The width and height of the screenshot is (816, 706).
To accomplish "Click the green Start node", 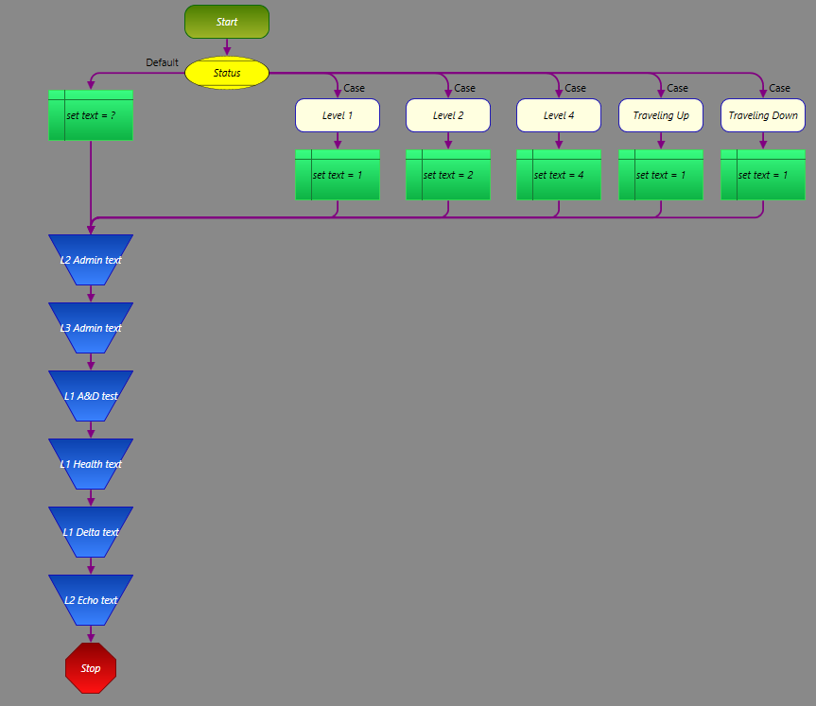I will (x=227, y=22).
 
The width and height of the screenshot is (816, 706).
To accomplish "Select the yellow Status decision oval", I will (x=227, y=73).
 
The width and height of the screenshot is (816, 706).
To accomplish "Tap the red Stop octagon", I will (x=91, y=668).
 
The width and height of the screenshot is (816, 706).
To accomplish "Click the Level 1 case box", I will (x=338, y=115).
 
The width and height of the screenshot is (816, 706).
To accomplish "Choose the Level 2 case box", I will (x=448, y=115).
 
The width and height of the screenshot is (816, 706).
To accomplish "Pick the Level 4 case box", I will (x=559, y=115).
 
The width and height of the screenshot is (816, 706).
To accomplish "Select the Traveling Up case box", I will (x=661, y=115).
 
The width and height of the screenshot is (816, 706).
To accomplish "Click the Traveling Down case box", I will (x=763, y=115).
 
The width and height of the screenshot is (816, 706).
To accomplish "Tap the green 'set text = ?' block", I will (x=91, y=115).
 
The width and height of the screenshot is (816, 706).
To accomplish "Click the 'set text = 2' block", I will (x=448, y=175).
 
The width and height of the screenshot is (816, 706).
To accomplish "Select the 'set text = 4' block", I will (x=559, y=175).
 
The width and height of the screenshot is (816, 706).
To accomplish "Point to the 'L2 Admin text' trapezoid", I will (x=91, y=260).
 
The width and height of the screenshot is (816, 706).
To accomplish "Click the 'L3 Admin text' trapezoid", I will (x=91, y=328).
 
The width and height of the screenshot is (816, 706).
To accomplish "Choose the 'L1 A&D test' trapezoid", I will (x=91, y=396).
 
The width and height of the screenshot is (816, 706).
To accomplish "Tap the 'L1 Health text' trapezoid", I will (x=91, y=464).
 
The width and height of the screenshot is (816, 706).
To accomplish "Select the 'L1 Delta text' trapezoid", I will (x=91, y=532).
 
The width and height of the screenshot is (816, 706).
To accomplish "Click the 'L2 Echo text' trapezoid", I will (x=91, y=600).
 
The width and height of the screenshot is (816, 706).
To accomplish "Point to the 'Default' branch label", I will (x=162, y=63).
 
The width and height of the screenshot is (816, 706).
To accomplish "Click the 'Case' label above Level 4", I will (x=575, y=88).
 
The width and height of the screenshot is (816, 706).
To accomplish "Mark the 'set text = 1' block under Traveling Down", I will (x=763, y=175).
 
